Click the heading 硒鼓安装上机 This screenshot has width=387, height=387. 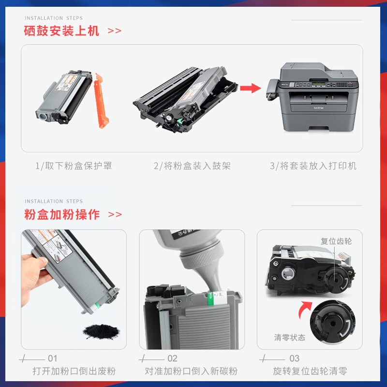(61, 31)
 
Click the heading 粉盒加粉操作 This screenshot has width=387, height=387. (62, 214)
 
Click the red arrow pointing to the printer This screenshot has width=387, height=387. (250, 89)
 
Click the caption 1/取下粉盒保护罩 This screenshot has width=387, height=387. (74, 166)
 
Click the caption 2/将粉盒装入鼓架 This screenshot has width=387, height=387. (192, 166)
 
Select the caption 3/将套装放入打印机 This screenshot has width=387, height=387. (313, 166)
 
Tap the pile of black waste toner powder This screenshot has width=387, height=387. (101, 331)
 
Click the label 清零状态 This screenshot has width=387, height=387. (290, 338)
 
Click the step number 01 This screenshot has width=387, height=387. (52, 358)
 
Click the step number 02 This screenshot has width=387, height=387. (172, 358)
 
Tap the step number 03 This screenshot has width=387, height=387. (294, 358)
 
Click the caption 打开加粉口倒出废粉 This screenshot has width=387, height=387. (74, 372)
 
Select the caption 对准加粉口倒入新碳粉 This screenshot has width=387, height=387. (192, 372)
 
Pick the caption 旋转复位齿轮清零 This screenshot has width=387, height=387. (310, 372)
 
